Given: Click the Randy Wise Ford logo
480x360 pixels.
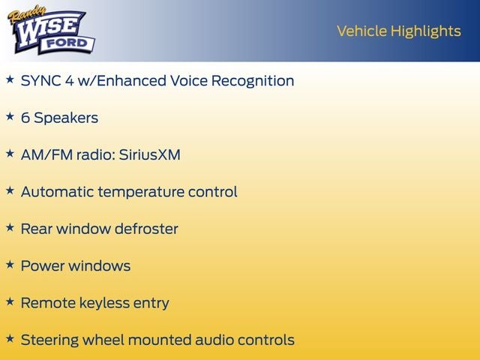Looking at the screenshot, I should tap(50, 31).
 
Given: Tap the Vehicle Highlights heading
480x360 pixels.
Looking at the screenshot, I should tap(398, 31).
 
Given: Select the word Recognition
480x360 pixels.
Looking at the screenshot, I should tap(250, 81).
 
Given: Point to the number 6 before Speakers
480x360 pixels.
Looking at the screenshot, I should tap(25, 118).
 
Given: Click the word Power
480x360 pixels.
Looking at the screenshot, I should tap(42, 266).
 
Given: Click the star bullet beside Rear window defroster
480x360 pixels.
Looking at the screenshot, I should tap(10, 227).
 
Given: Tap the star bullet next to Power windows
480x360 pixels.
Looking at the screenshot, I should tap(10, 265).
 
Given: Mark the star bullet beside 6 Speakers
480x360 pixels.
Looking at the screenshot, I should tap(10, 117).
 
